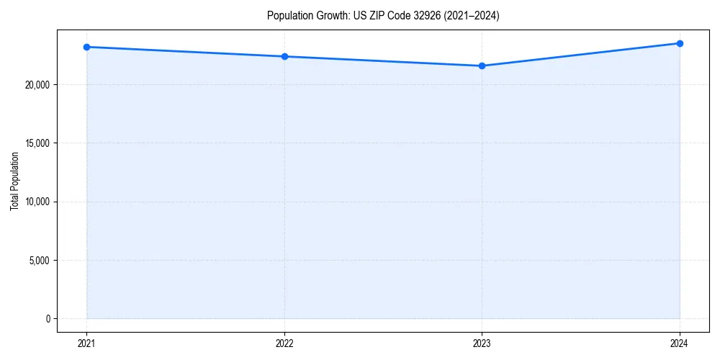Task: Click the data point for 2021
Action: [86, 47]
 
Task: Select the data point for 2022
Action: [284, 56]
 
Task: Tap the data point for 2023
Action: [482, 66]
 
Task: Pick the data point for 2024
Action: [680, 43]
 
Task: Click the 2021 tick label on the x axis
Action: [86, 343]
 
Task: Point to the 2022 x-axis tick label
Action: [284, 343]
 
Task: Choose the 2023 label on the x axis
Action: [482, 343]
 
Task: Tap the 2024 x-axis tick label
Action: [680, 343]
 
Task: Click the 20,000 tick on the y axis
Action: [37, 84]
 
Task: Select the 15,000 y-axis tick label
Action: [37, 143]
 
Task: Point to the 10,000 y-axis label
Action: [37, 202]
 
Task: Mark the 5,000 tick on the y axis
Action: [40, 260]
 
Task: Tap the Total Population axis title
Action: [14, 181]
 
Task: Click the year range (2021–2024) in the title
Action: [472, 15]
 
